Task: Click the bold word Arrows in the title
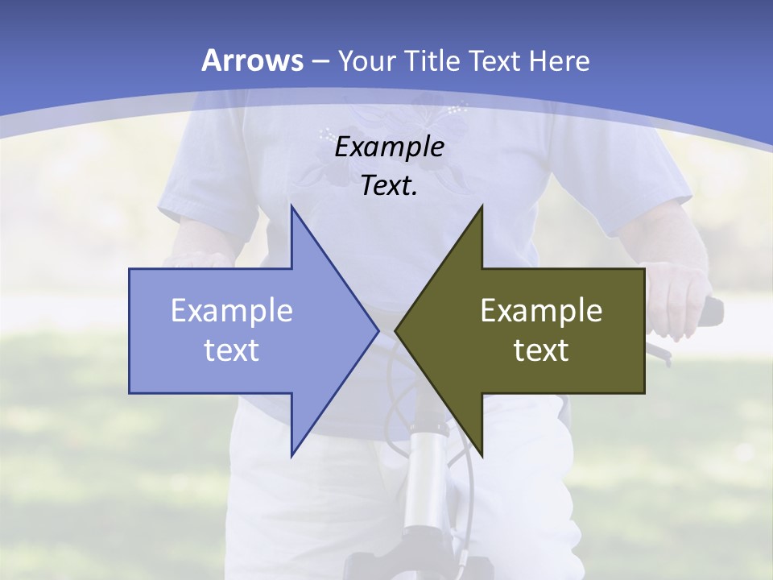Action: [253, 60]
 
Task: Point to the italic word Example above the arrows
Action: [389, 147]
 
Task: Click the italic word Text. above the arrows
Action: [389, 185]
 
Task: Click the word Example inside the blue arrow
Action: [231, 310]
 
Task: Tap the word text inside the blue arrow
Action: [231, 350]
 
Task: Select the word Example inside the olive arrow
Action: [541, 310]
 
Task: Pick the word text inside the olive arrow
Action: [541, 350]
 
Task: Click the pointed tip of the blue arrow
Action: [377, 330]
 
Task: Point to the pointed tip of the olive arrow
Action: [396, 330]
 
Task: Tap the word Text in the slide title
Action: [496, 60]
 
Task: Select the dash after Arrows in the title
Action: [320, 61]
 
